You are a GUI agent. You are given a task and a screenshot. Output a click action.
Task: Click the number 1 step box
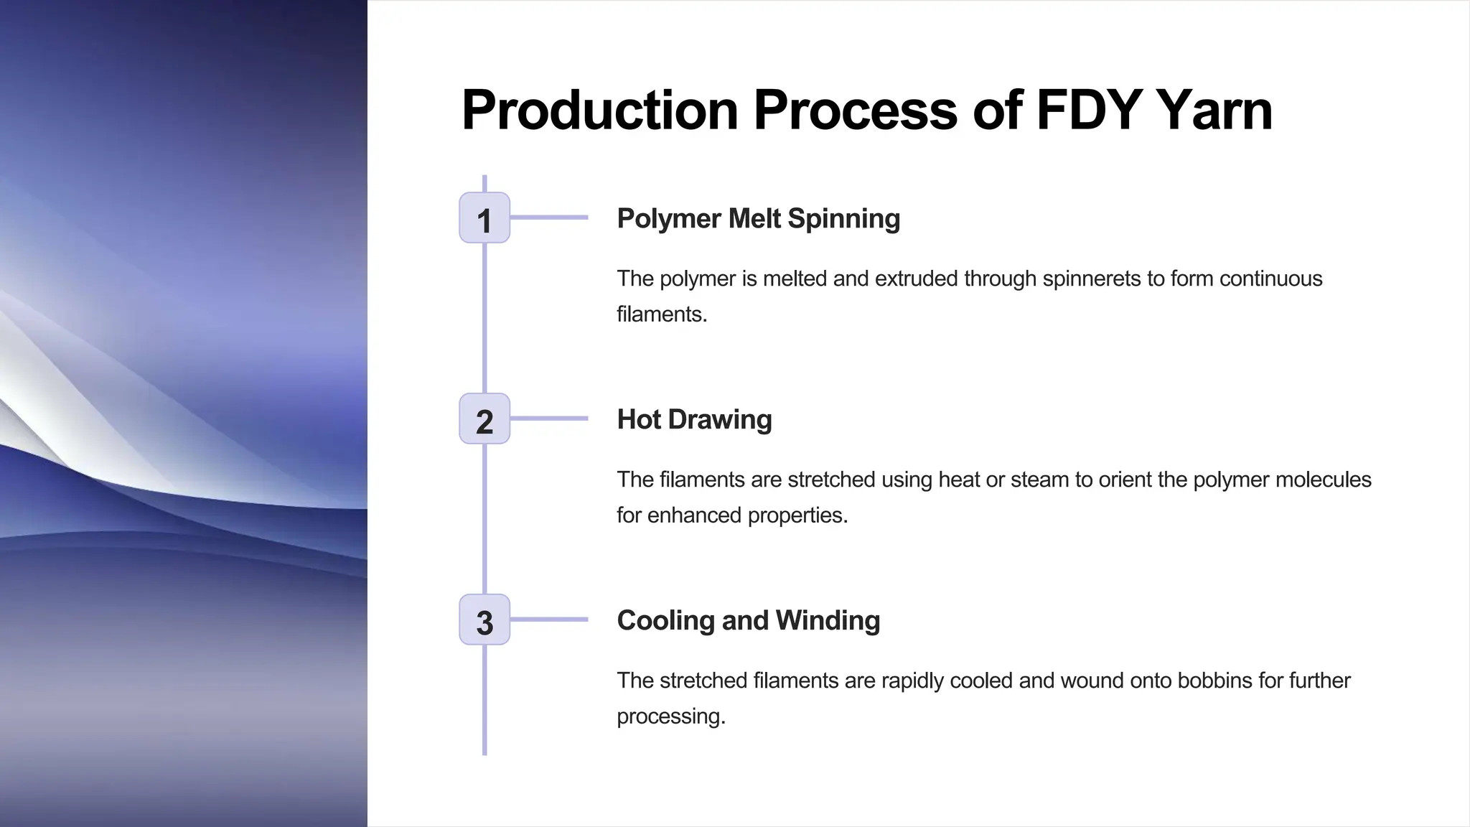click(484, 218)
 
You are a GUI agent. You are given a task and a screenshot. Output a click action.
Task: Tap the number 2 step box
click(484, 419)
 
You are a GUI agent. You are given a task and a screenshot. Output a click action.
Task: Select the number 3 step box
click(484, 620)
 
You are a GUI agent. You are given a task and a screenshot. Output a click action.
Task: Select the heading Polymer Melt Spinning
click(758, 218)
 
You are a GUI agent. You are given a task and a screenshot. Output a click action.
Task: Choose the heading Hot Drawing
click(694, 419)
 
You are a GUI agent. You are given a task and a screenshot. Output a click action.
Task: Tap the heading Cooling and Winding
click(748, 620)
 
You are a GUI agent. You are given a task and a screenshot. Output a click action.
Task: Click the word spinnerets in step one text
click(1090, 279)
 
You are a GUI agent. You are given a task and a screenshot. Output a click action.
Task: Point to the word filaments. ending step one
click(662, 314)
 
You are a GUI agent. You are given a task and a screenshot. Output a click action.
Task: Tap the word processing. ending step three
click(671, 716)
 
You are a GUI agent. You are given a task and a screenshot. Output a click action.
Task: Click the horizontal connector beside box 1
click(549, 217)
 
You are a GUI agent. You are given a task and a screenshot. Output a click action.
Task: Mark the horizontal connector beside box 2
click(549, 418)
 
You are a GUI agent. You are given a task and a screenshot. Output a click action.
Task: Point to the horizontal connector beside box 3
click(549, 619)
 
